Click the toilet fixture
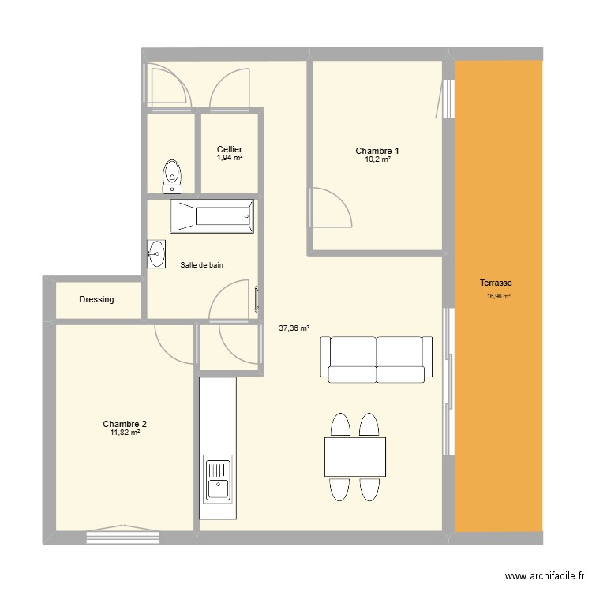pos(172,176)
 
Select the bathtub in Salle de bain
pos(212,216)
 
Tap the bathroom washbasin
pos(156,254)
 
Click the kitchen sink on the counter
pos(218,479)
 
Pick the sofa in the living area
pos(377,359)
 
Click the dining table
pos(355,456)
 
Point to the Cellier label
pos(230,149)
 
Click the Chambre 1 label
pos(377,151)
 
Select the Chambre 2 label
pos(125,424)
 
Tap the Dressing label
pos(96,299)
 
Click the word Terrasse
pos(496,283)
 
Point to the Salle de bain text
pos(201,265)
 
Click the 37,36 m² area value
pos(294,328)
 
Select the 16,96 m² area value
pos(499,296)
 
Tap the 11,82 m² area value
pos(125,433)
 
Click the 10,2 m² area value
pos(377,159)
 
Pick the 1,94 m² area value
pos(230,158)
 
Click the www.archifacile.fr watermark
pos(545,576)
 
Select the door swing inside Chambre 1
pos(331,208)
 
